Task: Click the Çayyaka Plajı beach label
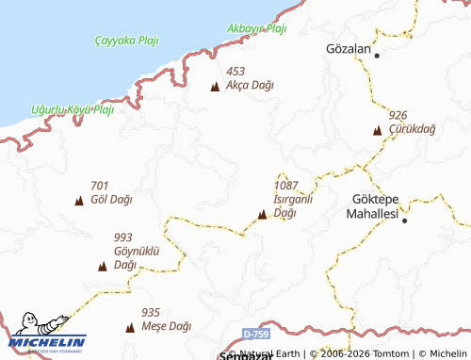click(x=127, y=41)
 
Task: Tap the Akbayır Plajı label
click(x=256, y=28)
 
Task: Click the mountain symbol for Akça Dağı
click(x=214, y=87)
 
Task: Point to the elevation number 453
click(x=235, y=71)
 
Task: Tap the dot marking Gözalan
click(x=377, y=56)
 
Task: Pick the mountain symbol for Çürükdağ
click(x=378, y=130)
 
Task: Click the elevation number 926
click(x=398, y=115)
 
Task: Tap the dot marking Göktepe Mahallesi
click(x=404, y=219)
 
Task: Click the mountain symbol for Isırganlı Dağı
click(x=261, y=216)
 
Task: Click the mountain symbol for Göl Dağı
click(x=78, y=201)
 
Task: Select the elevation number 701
click(x=100, y=185)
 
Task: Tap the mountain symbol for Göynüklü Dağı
click(x=102, y=267)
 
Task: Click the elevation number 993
click(x=123, y=237)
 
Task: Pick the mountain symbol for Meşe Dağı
click(x=130, y=328)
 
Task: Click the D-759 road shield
click(x=253, y=335)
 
